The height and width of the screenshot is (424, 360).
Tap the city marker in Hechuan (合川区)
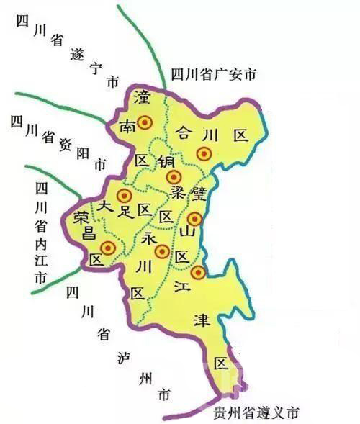204,153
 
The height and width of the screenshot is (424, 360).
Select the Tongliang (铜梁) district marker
172,177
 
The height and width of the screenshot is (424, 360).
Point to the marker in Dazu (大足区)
125,196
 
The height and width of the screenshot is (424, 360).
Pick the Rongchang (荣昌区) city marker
108,248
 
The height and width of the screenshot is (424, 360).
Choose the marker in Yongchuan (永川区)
162,251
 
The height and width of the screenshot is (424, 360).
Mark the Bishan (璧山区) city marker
193,219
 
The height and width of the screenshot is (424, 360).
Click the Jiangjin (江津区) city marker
197,271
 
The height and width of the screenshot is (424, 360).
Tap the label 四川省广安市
214,74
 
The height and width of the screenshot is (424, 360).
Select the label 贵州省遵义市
256,414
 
